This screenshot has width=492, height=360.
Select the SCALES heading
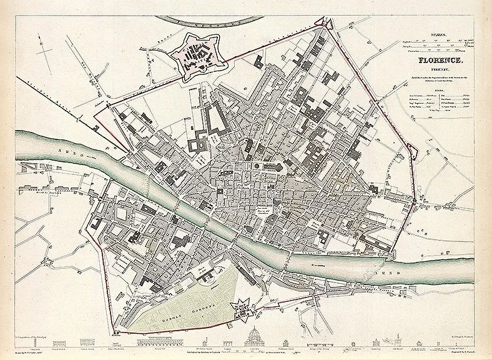pos(435,36)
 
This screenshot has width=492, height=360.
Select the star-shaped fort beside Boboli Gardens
pos(240,307)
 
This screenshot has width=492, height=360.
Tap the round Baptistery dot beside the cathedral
pos(257,166)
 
